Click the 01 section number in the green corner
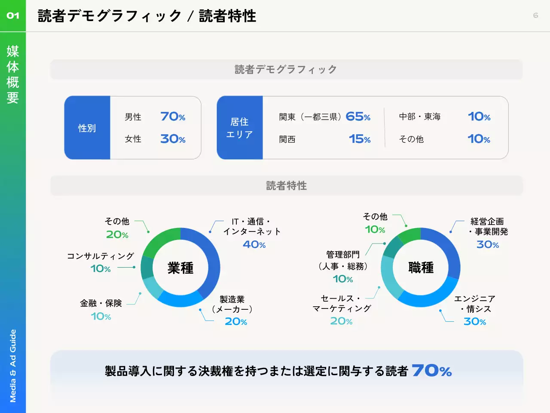[13, 15]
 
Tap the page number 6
[535, 15]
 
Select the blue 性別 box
[87, 128]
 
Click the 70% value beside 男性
[173, 117]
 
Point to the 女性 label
[133, 139]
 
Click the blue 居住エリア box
[239, 128]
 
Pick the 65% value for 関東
[358, 117]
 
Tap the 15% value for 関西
[360, 139]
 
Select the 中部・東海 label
[419, 117]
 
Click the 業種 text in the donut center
[180, 268]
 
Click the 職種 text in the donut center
[421, 268]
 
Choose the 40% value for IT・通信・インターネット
[254, 244]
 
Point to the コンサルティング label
[101, 256]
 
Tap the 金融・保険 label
[101, 303]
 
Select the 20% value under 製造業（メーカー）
[236, 321]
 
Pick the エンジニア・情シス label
[475, 304]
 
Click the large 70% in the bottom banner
[432, 370]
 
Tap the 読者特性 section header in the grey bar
[287, 186]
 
